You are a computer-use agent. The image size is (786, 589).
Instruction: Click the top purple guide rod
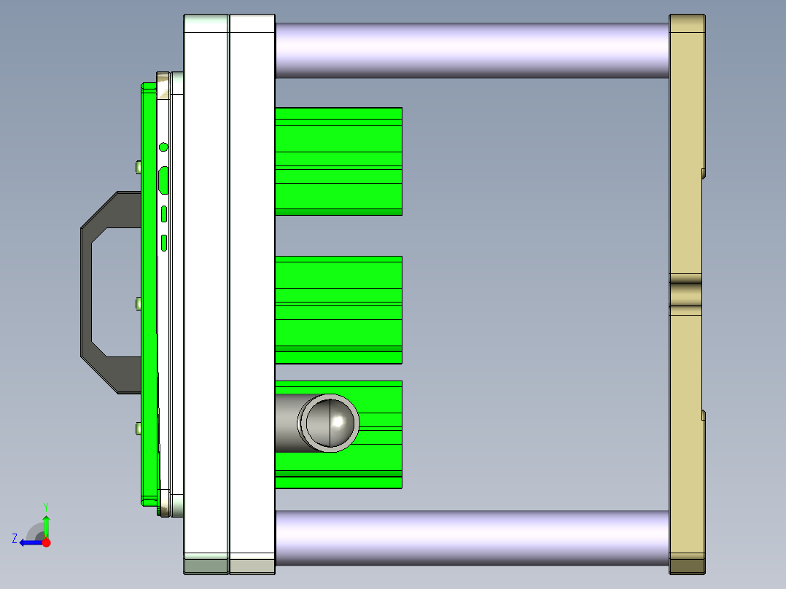tap(471, 50)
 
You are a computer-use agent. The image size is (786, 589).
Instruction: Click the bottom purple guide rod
tap(471, 537)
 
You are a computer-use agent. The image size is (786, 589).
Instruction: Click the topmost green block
tap(338, 161)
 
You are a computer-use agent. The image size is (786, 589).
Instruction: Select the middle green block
tap(338, 309)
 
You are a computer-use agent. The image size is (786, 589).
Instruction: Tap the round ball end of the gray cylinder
tap(332, 422)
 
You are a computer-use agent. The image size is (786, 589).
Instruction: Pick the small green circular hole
tap(163, 147)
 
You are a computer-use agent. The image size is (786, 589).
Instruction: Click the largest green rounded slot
tap(164, 179)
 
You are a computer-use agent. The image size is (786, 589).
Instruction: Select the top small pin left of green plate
tap(138, 168)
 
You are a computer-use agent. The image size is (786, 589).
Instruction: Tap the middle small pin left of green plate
tap(138, 303)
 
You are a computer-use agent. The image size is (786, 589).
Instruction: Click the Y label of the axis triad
tap(46, 505)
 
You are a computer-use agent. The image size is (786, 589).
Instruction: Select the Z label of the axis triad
tap(15, 539)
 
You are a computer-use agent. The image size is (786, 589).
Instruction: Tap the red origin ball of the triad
tap(46, 542)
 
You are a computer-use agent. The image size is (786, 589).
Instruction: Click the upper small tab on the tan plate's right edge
tap(703, 173)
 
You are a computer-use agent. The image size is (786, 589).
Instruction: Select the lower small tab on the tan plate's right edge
tap(703, 416)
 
